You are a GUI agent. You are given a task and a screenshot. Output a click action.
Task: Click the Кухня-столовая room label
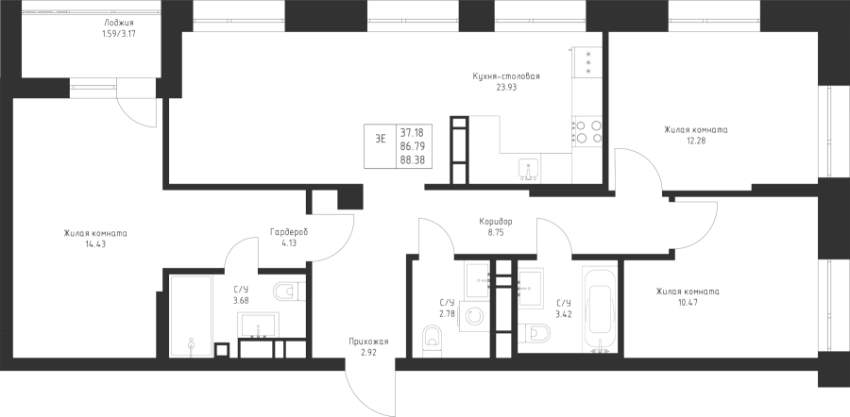[x=507, y=76]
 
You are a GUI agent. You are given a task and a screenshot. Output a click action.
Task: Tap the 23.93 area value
[x=507, y=87]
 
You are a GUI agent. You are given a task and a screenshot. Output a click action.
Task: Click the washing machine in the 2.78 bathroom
[x=471, y=315]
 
